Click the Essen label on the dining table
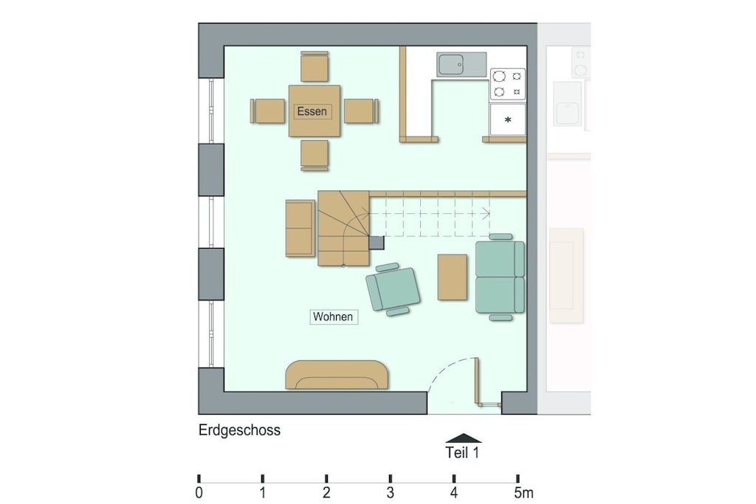tap(312, 111)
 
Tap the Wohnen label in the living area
tap(333, 317)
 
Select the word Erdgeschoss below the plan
tap(240, 429)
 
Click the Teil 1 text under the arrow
tap(462, 453)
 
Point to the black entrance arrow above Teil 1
tap(464, 438)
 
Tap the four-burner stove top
tap(508, 84)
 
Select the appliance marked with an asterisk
tap(508, 120)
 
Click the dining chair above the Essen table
tap(315, 66)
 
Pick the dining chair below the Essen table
tap(315, 155)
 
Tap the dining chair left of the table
tap(267, 111)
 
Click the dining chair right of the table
tap(361, 111)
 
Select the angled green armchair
tap(393, 289)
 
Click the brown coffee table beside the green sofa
tap(453, 277)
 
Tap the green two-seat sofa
tap(500, 277)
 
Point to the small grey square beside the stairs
tap(377, 242)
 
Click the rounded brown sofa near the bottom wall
tap(337, 375)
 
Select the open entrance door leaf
tap(478, 381)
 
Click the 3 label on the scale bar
tap(390, 493)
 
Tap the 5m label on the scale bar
tap(523, 493)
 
